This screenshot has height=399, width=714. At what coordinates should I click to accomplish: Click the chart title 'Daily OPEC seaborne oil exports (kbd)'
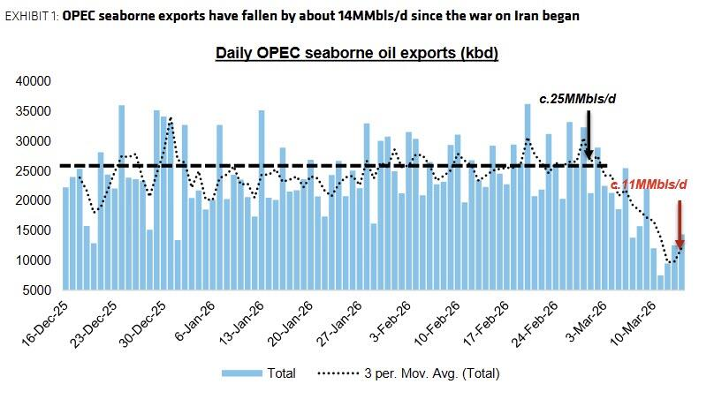coord(358,54)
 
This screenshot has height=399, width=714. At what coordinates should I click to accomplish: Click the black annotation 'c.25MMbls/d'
coord(578,100)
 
